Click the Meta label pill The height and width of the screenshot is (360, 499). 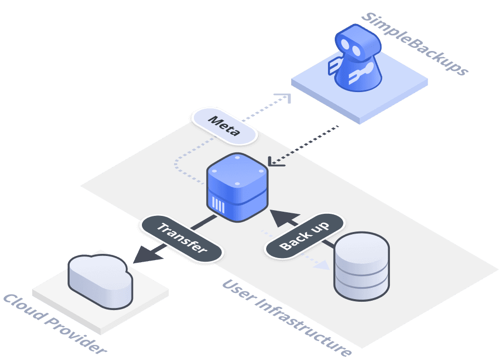pos(224,126)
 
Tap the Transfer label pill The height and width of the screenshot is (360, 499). pos(181,238)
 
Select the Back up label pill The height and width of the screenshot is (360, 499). pos(304,235)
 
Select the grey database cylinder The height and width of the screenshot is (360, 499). pos(361,265)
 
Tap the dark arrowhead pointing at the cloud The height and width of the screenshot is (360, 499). pos(142,256)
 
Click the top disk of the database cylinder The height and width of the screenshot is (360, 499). pos(361,248)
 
